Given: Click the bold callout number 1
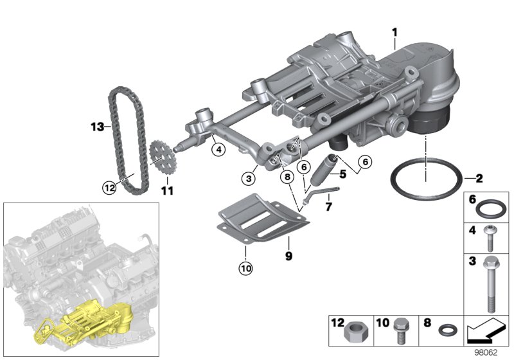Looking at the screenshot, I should [395, 32].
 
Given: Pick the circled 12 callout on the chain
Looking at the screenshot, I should [110, 188].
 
